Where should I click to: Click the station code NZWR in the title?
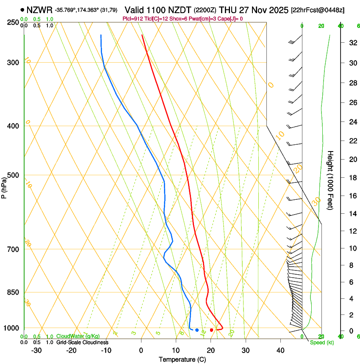[x=39, y=10]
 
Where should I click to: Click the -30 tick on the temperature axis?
[x=36, y=350]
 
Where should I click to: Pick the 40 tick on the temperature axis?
[x=280, y=350]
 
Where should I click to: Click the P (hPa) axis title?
[x=4, y=186]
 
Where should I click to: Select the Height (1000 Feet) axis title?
[x=331, y=180]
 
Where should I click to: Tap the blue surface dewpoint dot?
[x=197, y=330]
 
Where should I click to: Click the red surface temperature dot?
[x=212, y=330]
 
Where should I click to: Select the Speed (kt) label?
[x=322, y=342]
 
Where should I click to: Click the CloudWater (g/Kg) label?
[x=72, y=336]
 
